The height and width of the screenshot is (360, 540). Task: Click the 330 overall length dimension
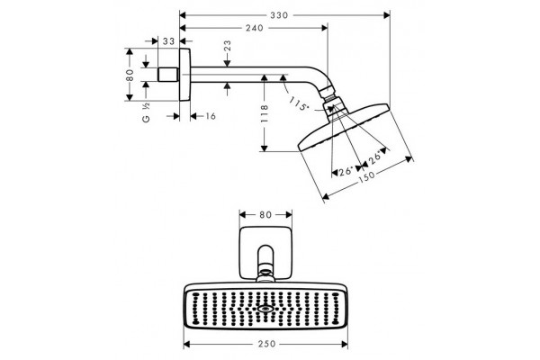pos(279,15)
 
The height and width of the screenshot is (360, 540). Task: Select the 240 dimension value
pos(255,28)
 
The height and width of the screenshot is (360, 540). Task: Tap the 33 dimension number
pos(169,41)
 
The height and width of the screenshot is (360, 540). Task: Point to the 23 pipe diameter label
pos(228,46)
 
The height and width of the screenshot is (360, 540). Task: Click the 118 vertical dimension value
pos(264,113)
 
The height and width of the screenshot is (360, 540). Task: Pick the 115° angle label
pos(299,103)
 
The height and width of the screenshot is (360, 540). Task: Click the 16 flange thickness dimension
pos(211,116)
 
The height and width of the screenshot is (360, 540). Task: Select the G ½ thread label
pos(146,113)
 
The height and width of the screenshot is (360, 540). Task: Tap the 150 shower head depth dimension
pos(366,176)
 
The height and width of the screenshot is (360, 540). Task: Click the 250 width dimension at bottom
pos(267,344)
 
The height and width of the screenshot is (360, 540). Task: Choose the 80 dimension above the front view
pos(265,215)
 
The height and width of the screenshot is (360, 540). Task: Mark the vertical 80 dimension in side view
pos(130,75)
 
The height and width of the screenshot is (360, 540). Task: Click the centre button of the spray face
pos(265,309)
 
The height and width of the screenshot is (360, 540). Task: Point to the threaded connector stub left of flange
pos(168,75)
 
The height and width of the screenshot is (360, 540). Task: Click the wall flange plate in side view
pos(184,75)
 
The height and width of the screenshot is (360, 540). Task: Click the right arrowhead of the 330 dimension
pos(387,15)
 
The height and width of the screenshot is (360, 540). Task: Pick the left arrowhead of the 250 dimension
pos(187,344)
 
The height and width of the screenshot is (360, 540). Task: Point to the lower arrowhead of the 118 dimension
pos(264,148)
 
